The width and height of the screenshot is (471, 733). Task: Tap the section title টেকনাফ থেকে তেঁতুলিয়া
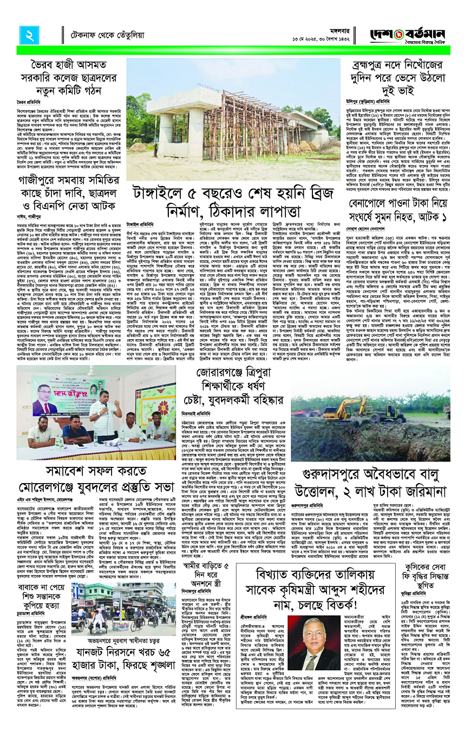pyautogui.click(x=102, y=35)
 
